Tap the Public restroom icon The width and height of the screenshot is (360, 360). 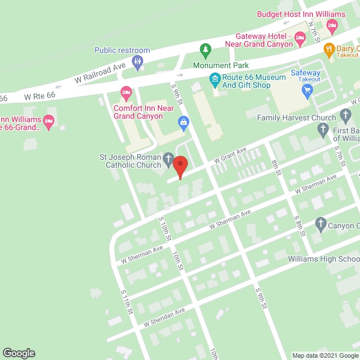[x=137, y=61]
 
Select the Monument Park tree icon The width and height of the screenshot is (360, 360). [x=205, y=50]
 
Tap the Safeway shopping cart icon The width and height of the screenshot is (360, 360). [x=307, y=89]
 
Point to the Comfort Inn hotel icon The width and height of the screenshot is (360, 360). [x=126, y=91]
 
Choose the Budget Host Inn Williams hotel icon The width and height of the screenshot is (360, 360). [x=332, y=25]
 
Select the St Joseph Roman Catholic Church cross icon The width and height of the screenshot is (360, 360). [x=168, y=161]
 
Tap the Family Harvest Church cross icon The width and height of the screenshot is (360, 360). [x=346, y=118]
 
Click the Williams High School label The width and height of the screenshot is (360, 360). [x=323, y=259]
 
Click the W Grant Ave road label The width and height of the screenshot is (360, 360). [x=228, y=156]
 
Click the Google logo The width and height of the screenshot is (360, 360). [x=18, y=353]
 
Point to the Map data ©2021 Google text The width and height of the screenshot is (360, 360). [x=325, y=355]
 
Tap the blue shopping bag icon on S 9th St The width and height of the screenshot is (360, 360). [x=183, y=121]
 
